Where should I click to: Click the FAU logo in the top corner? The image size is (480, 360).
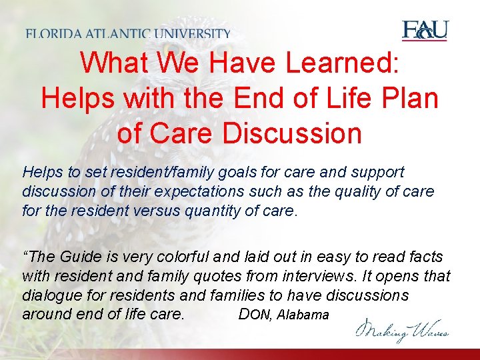[x=425, y=31]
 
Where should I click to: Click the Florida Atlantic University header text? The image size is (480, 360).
[x=129, y=33]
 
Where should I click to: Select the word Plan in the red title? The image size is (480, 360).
[x=409, y=99]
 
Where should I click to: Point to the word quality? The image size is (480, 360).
[x=347, y=192]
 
